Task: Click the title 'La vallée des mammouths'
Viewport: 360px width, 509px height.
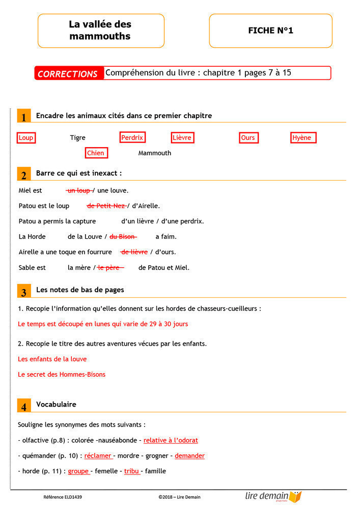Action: [x=100, y=30]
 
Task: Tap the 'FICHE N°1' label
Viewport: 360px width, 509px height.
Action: [x=270, y=31]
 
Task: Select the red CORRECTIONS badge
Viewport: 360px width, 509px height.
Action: [x=68, y=73]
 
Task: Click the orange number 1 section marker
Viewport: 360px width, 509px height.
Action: [x=23, y=117]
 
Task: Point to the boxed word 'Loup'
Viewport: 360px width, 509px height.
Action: [x=26, y=138]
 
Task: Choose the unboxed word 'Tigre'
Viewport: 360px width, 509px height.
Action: [x=77, y=138]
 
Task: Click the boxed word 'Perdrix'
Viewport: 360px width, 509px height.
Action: [x=132, y=137]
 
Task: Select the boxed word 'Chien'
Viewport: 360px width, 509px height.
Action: [x=96, y=153]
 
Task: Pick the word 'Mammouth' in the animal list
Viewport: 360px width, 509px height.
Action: [x=155, y=153]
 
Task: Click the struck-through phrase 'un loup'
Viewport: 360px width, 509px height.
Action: [x=79, y=191]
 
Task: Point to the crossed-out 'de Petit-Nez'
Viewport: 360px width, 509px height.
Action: [x=106, y=206]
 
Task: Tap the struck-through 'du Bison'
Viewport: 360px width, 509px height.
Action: [x=123, y=237]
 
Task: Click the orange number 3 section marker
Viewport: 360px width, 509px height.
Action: [x=23, y=292]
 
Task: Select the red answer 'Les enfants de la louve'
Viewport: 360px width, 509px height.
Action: [x=52, y=359]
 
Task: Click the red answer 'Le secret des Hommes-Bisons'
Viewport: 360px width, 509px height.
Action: [x=62, y=375]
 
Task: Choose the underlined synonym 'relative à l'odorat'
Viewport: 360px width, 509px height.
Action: [x=171, y=440]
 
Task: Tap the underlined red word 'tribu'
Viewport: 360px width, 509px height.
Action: [x=132, y=471]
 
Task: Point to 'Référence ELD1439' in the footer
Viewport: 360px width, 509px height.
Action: [x=63, y=497]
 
